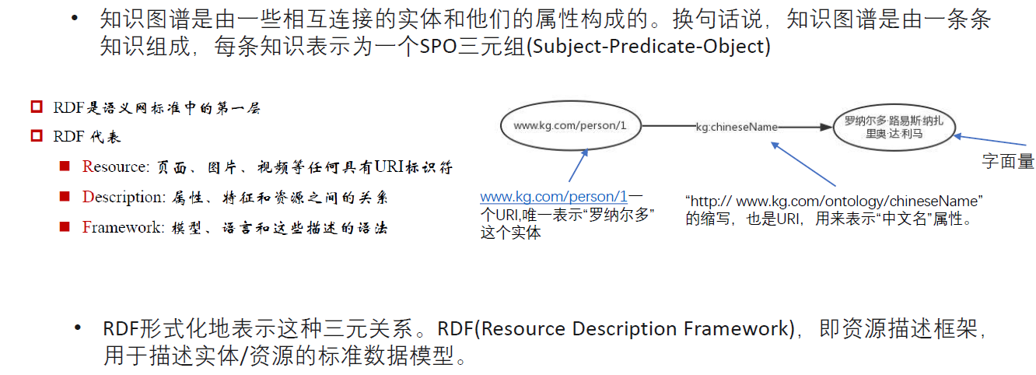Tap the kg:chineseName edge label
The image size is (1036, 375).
pyautogui.click(x=737, y=127)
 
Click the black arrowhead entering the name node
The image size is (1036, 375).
pyautogui.click(x=826, y=127)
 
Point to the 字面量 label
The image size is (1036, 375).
pyautogui.click(x=1008, y=161)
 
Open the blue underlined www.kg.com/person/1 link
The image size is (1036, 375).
pyautogui.click(x=554, y=197)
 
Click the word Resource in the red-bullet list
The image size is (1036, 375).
pyautogui.click(x=116, y=166)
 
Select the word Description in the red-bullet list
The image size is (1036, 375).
pyautogui.click(x=124, y=197)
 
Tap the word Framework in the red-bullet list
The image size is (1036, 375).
pyautogui.click(x=123, y=227)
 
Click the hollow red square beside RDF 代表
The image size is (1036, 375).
pyautogui.click(x=37, y=136)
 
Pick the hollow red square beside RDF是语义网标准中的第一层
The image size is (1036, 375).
pyautogui.click(x=37, y=107)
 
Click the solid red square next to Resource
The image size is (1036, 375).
pyautogui.click(x=65, y=166)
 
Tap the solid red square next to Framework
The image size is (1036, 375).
pyautogui.click(x=65, y=226)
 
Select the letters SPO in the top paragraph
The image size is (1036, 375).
pyautogui.click(x=439, y=46)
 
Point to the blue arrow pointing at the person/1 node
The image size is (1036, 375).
pyautogui.click(x=578, y=165)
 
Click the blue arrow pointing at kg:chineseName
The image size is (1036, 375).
pyautogui.click(x=803, y=164)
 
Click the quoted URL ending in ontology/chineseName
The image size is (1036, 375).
pyautogui.click(x=834, y=202)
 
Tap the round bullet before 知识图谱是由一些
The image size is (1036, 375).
pyautogui.click(x=75, y=19)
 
